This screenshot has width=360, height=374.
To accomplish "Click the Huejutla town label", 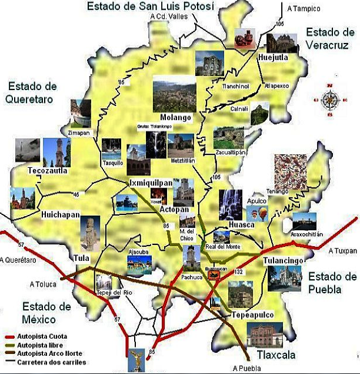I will pos(273,57).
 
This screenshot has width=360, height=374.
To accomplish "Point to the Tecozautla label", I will pos(47,171).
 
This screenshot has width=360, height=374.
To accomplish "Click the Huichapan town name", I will pos(60,215).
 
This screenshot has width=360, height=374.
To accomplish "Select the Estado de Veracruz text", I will pos(330,38).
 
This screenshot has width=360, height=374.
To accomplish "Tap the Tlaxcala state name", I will pos(275,355).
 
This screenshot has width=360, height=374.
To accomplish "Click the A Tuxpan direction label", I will pos(343,251).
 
